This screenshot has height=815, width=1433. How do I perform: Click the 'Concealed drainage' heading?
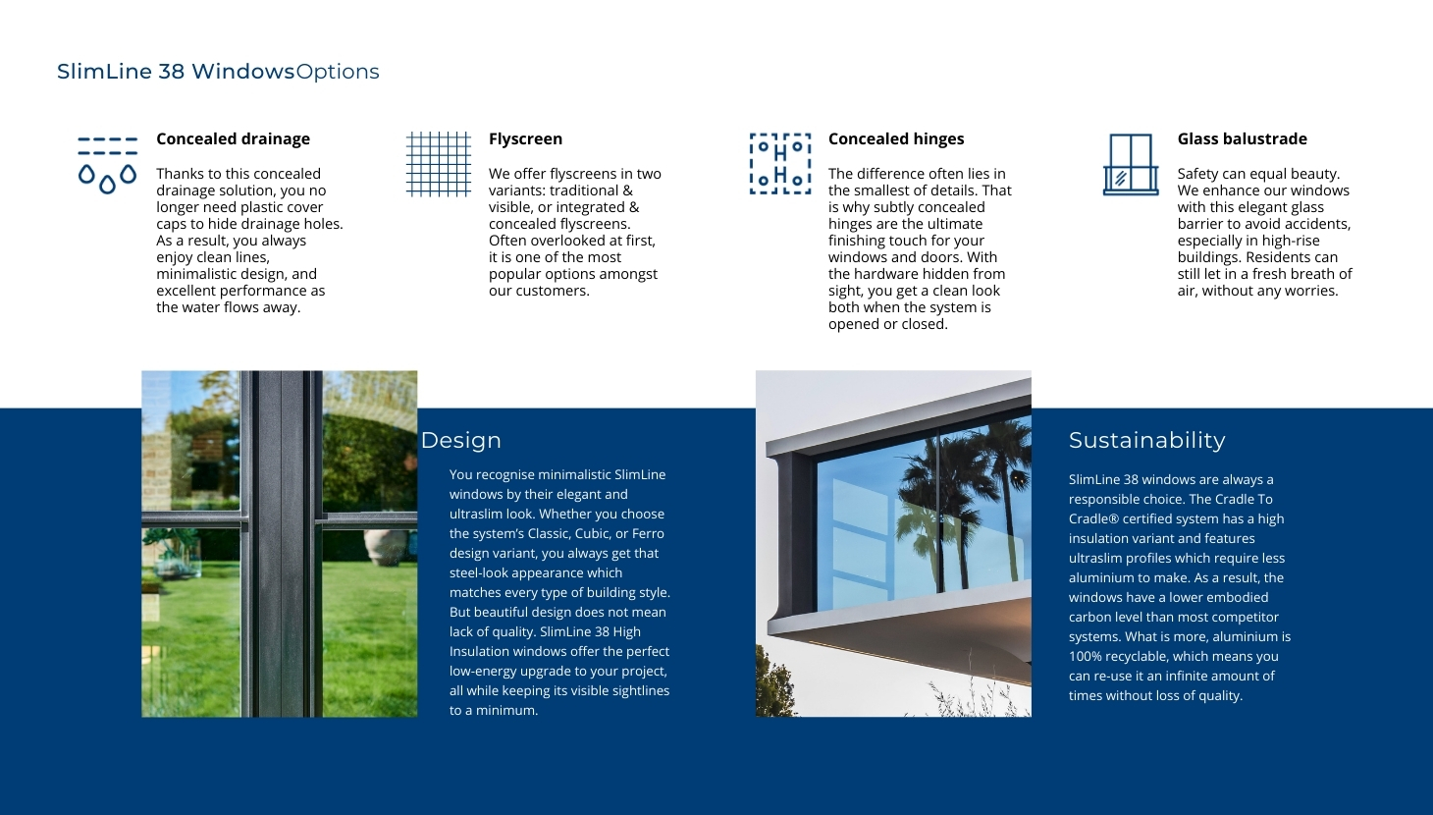[x=233, y=138]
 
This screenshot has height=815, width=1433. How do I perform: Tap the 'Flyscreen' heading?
[x=525, y=138]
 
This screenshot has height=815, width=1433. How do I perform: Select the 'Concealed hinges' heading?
[x=895, y=138]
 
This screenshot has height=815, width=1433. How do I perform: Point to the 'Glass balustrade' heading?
[x=1242, y=138]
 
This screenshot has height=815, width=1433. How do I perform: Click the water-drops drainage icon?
[x=108, y=165]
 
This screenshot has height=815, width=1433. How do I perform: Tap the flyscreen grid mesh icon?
[x=438, y=164]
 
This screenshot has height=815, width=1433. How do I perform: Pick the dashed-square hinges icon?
[x=780, y=164]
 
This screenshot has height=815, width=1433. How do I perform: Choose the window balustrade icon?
[x=1131, y=165]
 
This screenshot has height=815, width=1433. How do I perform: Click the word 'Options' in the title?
[x=337, y=72]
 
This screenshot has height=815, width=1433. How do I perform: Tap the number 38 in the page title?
[x=172, y=72]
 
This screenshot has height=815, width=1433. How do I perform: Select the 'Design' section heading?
[x=460, y=441]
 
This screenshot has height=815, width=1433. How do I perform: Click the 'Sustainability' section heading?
[x=1147, y=441]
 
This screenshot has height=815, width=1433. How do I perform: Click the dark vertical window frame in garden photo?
[x=281, y=544]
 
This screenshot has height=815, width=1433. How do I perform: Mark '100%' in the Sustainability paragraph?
[x=1086, y=656]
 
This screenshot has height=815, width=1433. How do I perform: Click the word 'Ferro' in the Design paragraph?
[x=648, y=533]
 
